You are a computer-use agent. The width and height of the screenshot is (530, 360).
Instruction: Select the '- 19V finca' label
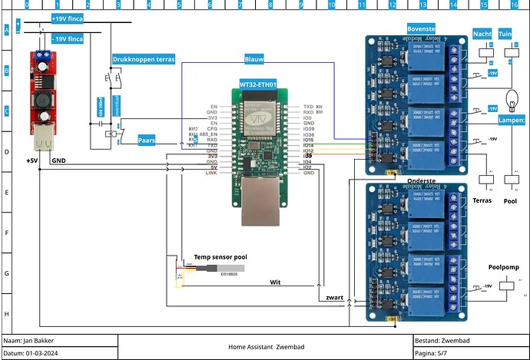(67, 38)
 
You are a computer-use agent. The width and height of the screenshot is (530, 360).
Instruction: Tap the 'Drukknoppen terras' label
(143, 59)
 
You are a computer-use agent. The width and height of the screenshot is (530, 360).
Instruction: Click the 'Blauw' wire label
(254, 59)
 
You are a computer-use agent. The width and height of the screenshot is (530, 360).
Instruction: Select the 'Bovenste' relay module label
(421, 29)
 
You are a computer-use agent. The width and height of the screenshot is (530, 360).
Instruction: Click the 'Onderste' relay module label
(422, 180)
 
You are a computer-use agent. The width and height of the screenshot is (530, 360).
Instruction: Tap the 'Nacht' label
(482, 35)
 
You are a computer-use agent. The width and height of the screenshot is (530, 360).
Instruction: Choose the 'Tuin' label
(505, 35)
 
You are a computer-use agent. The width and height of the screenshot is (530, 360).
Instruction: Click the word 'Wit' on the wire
(274, 282)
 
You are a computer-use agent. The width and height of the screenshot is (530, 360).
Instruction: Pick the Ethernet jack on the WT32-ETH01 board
(259, 203)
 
